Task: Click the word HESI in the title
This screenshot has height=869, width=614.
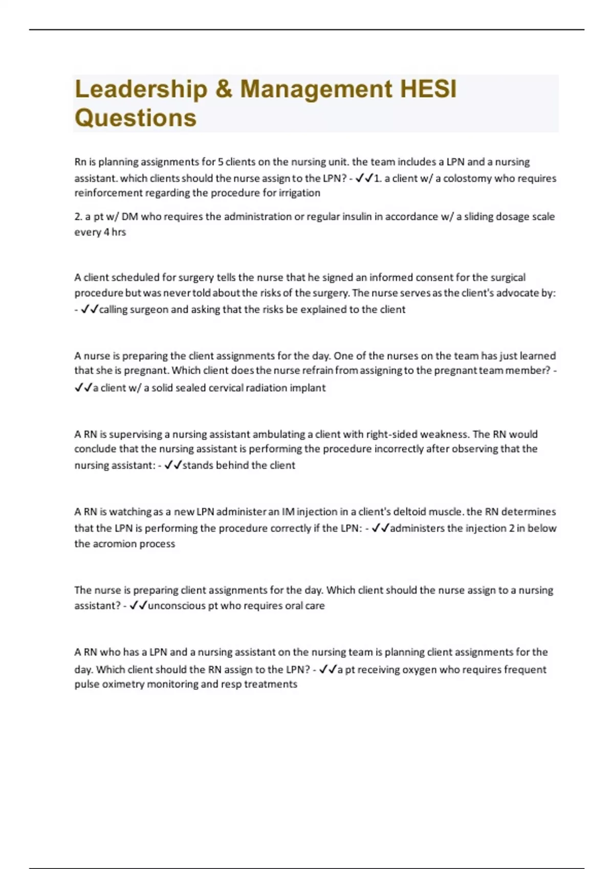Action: (428, 89)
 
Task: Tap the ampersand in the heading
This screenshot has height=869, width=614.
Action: (224, 89)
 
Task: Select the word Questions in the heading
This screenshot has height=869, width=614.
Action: (136, 118)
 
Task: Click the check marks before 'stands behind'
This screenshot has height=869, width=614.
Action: (173, 465)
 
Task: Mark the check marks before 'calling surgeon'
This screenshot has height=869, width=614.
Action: (90, 310)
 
